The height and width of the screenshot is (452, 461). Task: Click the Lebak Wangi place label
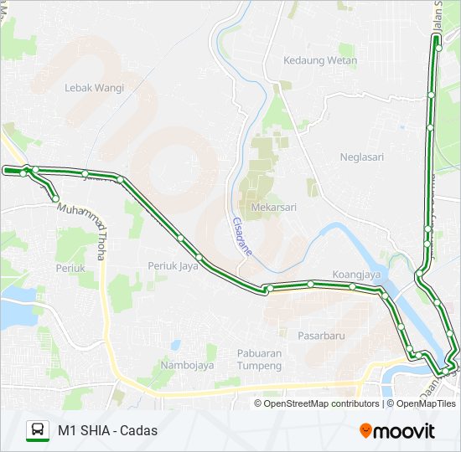click(x=95, y=87)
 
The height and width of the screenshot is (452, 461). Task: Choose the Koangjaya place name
click(x=357, y=274)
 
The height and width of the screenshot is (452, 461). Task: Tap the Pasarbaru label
click(x=321, y=335)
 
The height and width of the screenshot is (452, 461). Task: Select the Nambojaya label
click(x=189, y=365)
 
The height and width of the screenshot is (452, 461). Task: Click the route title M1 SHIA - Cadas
click(x=107, y=431)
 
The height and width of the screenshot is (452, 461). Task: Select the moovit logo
click(x=397, y=431)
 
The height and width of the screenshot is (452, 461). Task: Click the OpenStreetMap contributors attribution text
click(x=321, y=403)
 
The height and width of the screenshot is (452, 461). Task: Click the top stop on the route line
click(x=437, y=47)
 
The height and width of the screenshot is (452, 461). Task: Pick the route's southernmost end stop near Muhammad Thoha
click(x=55, y=199)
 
